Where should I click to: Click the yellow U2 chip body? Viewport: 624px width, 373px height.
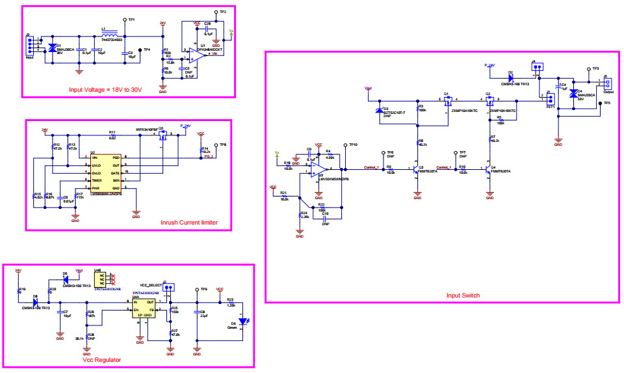(x=107, y=173)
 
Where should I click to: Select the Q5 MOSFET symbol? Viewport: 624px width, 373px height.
(x=162, y=135)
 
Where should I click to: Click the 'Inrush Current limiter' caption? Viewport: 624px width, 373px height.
(x=189, y=223)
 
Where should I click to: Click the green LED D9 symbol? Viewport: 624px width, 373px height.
(x=242, y=321)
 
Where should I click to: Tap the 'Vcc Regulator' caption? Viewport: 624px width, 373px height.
(x=101, y=359)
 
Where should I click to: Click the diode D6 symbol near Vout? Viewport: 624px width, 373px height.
(x=65, y=281)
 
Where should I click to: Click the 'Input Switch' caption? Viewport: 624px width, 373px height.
(x=463, y=296)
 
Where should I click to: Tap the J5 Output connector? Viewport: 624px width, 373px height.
(x=608, y=83)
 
